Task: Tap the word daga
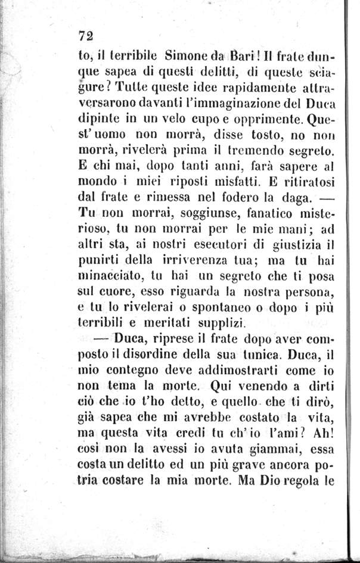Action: tap(277, 195)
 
